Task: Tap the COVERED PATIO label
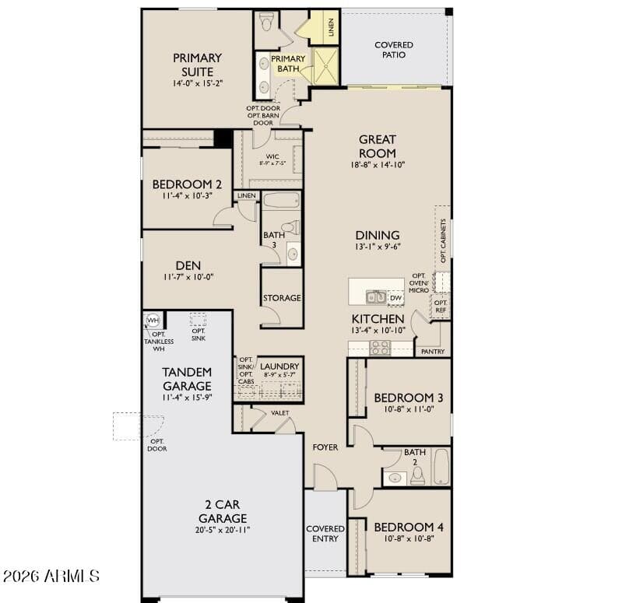[x=393, y=50]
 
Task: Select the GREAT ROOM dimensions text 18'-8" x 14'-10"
[x=377, y=165]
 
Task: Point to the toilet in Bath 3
[x=290, y=228]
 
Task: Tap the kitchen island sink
[x=376, y=296]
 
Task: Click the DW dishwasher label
[x=395, y=298]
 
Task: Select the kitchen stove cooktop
[x=380, y=347]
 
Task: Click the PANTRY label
[x=432, y=352]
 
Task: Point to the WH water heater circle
[x=153, y=321]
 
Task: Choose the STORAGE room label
[x=282, y=298]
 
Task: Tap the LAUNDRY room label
[x=279, y=366]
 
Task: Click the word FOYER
[x=325, y=447]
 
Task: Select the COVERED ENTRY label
[x=325, y=534]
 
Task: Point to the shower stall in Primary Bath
[x=326, y=65]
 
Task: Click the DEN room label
[x=188, y=265]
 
